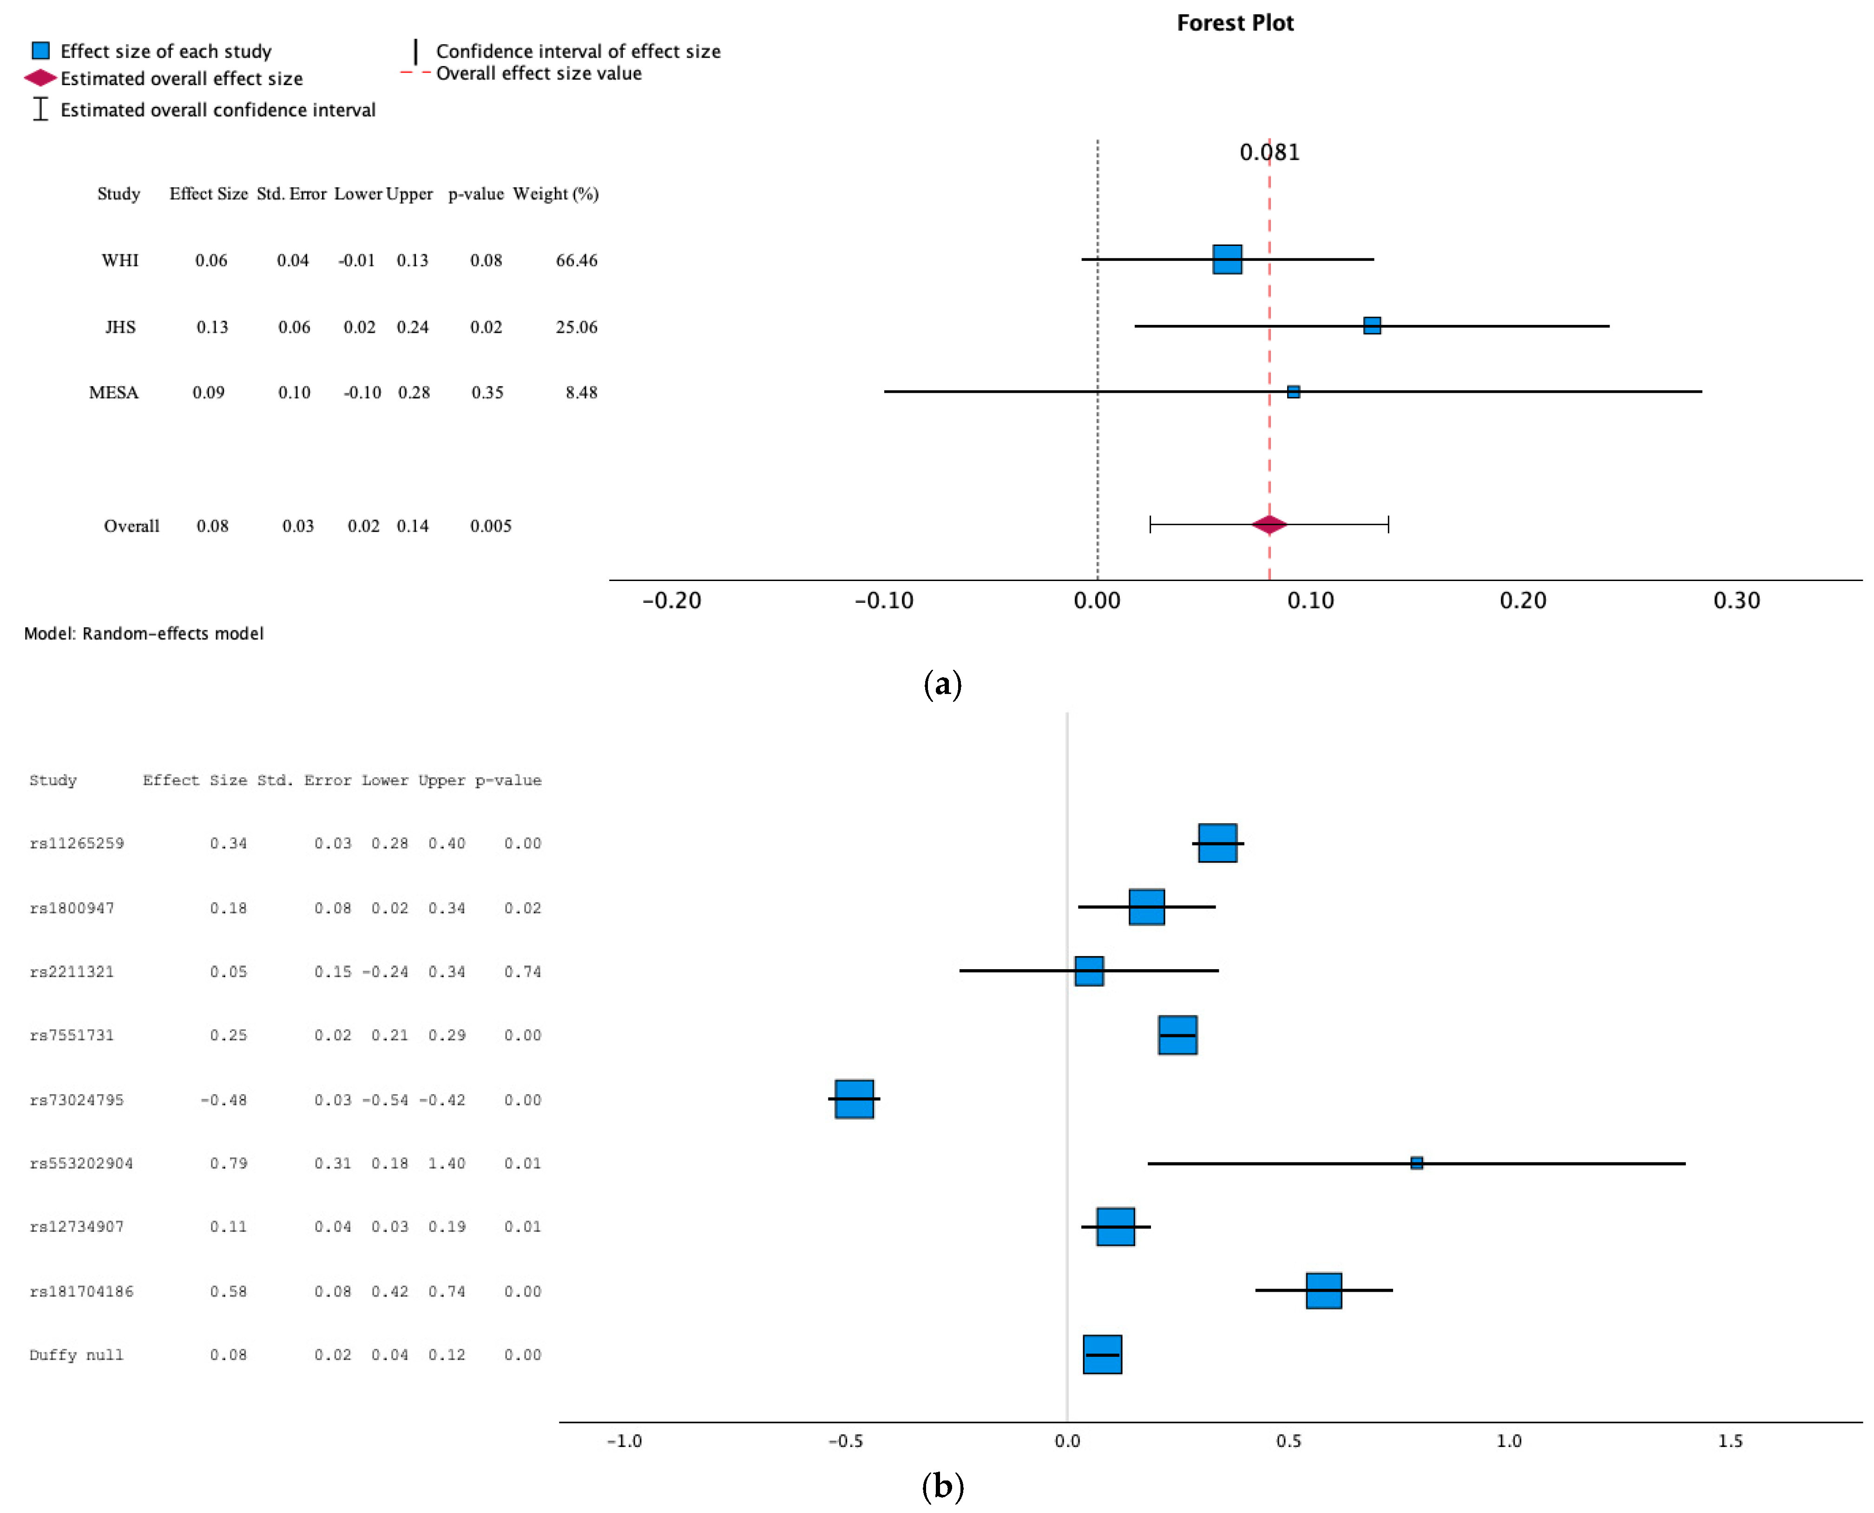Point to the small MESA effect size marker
[1293, 391]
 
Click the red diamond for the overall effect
[1269, 525]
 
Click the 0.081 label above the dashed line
[1269, 152]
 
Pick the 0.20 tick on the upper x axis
[1522, 601]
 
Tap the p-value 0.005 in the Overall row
[491, 526]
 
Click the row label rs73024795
[77, 1100]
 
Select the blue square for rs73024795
[854, 1099]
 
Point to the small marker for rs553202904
[1416, 1163]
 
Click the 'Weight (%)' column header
[555, 193]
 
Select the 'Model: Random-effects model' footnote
[144, 634]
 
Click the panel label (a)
[942, 684]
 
